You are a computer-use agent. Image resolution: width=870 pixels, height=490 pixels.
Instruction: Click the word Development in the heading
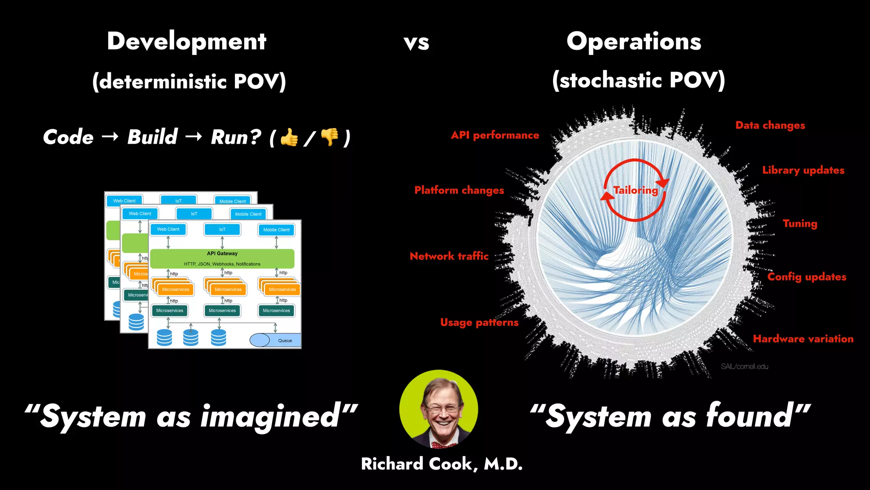(186, 42)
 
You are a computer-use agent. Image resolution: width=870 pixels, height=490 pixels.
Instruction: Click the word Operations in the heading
(634, 42)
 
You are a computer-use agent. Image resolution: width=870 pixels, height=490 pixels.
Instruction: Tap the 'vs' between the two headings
(416, 43)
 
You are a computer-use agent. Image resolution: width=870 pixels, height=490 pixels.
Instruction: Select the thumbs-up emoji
(289, 137)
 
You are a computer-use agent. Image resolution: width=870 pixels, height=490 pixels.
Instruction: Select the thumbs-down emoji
(330, 137)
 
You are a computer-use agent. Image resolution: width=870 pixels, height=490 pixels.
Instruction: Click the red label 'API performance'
(495, 135)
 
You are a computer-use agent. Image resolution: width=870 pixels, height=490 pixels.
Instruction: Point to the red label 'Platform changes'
(459, 190)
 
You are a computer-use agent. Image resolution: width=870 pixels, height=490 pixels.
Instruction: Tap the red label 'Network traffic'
(449, 256)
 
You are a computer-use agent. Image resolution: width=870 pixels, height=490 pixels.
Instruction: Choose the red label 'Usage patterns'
(479, 322)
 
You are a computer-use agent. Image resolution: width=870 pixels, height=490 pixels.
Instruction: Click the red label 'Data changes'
(770, 125)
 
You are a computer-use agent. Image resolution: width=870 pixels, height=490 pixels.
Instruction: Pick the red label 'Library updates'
(803, 170)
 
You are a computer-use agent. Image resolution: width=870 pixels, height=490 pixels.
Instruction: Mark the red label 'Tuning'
(800, 224)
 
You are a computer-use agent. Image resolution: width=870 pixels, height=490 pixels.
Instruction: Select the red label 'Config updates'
(807, 277)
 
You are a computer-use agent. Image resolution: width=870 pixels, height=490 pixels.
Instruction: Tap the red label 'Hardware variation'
(803, 339)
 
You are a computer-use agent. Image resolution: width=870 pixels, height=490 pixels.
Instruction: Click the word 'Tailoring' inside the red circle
(636, 190)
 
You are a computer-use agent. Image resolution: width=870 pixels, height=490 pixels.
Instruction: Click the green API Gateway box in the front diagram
(222, 258)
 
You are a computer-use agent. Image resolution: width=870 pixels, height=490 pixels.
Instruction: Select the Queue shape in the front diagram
(276, 340)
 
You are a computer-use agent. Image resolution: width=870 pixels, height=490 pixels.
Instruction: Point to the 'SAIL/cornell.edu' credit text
(745, 367)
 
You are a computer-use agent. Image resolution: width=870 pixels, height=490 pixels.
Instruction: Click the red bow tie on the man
(442, 445)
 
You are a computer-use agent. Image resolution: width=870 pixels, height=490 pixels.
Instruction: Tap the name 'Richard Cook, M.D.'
(442, 464)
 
